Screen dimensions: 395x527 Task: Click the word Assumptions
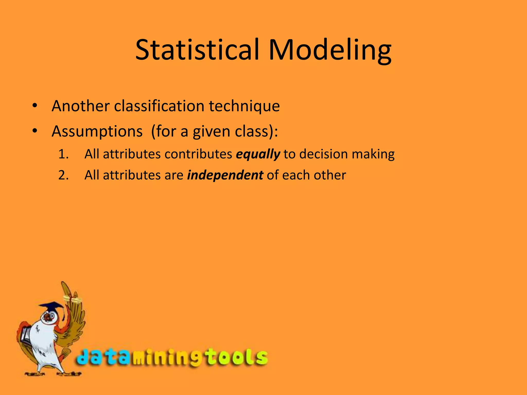[97, 131]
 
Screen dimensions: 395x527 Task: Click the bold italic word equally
[258, 154]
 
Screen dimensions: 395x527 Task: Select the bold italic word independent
[225, 175]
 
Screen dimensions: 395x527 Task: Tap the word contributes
[198, 154]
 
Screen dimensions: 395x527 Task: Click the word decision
[323, 154]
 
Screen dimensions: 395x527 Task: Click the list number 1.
[63, 154]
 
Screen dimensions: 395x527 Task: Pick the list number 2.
[63, 175]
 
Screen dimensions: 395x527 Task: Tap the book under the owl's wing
[26, 334]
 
